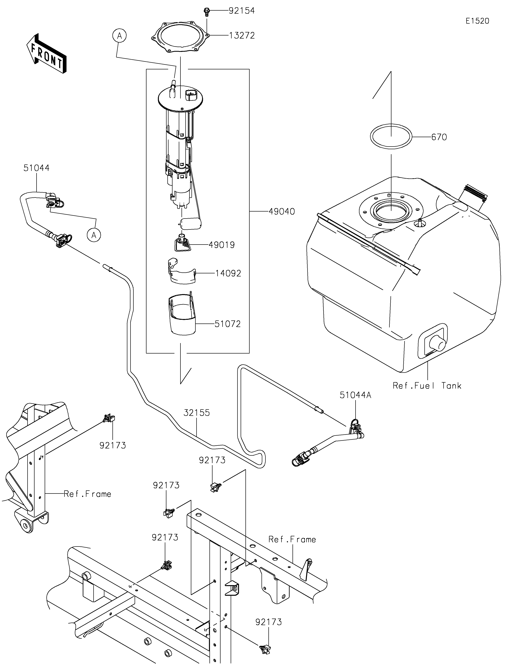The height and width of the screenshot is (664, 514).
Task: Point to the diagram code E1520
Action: click(477, 21)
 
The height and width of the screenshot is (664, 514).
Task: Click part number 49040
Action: click(282, 212)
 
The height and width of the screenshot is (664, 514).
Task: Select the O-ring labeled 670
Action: click(391, 137)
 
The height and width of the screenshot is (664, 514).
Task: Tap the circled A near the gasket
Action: click(120, 36)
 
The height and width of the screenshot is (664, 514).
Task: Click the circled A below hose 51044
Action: click(94, 235)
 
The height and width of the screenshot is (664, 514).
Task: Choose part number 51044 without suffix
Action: click(36, 168)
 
